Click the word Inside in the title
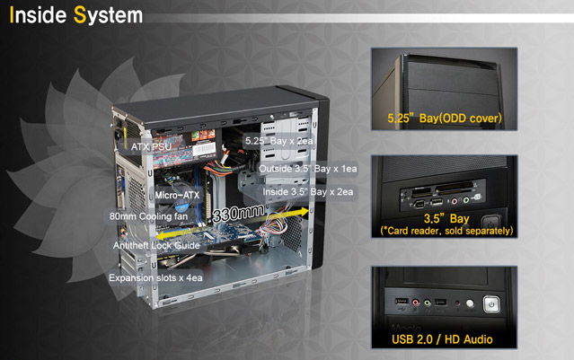(x=38, y=15)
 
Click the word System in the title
(x=108, y=16)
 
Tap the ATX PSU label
(x=151, y=147)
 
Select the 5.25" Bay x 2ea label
(x=279, y=141)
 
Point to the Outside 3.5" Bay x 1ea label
(x=308, y=169)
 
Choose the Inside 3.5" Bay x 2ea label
(x=308, y=192)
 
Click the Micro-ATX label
(x=177, y=195)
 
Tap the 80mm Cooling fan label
(x=148, y=216)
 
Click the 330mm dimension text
(x=238, y=213)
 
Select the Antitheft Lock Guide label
(x=156, y=245)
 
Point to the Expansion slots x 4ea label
(x=155, y=277)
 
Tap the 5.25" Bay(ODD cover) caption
(x=445, y=119)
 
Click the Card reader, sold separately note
(x=446, y=231)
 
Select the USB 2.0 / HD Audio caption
(x=442, y=339)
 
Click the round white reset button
(x=470, y=303)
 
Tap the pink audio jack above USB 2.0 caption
(x=416, y=303)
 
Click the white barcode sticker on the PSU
(x=204, y=149)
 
